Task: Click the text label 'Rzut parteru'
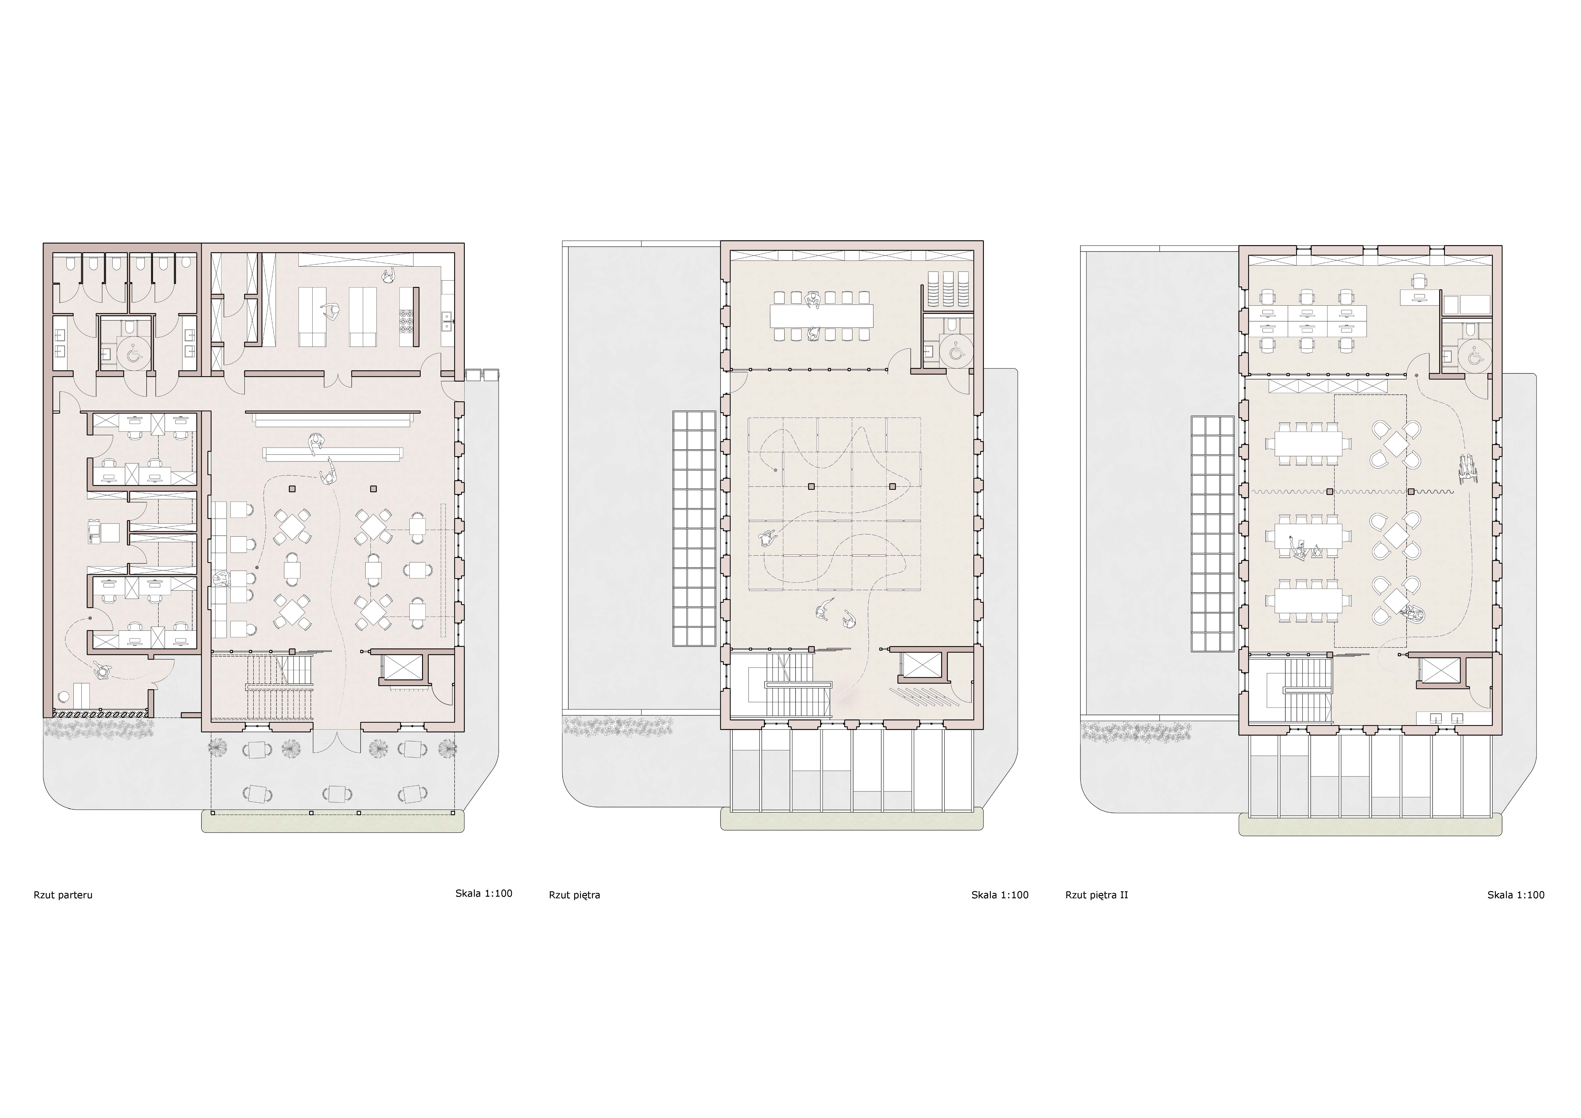click(x=63, y=895)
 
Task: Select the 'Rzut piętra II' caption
click(x=1096, y=895)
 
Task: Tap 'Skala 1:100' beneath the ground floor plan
click(x=483, y=894)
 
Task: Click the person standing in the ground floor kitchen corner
click(x=388, y=276)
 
